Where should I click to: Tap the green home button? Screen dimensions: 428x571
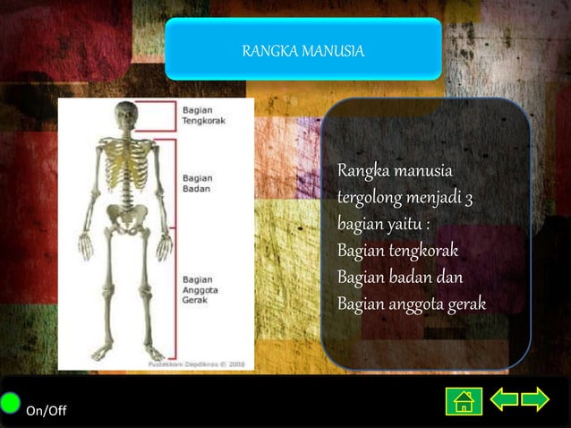tap(464, 400)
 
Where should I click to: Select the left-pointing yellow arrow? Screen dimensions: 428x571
tap(504, 399)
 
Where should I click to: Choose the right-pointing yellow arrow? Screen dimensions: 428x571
tap(535, 399)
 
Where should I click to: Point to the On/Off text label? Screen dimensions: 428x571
tap(46, 411)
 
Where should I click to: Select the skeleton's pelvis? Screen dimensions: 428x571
tap(127, 215)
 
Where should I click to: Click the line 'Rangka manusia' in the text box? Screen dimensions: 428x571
tap(394, 170)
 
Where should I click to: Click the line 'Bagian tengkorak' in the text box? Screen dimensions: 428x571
tap(397, 251)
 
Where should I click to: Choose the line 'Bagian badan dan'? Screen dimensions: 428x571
tap(399, 278)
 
